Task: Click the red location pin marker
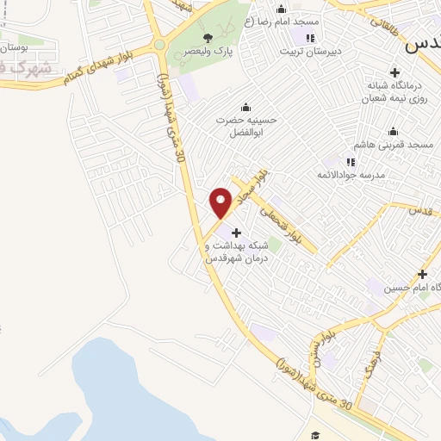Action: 221,203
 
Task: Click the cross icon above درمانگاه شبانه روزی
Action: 395,72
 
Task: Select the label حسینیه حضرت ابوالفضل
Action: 245,127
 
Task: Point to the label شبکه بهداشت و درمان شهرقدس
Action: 237,252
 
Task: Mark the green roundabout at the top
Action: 159,45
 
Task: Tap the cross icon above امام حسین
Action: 422,275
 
